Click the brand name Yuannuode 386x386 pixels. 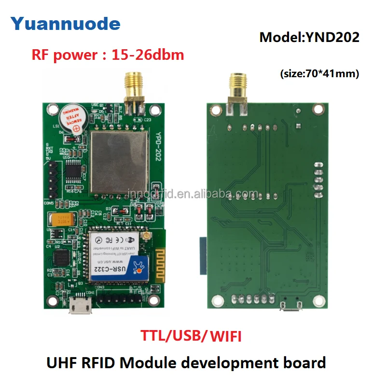tap(66, 23)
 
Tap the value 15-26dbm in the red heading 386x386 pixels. tap(148, 55)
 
